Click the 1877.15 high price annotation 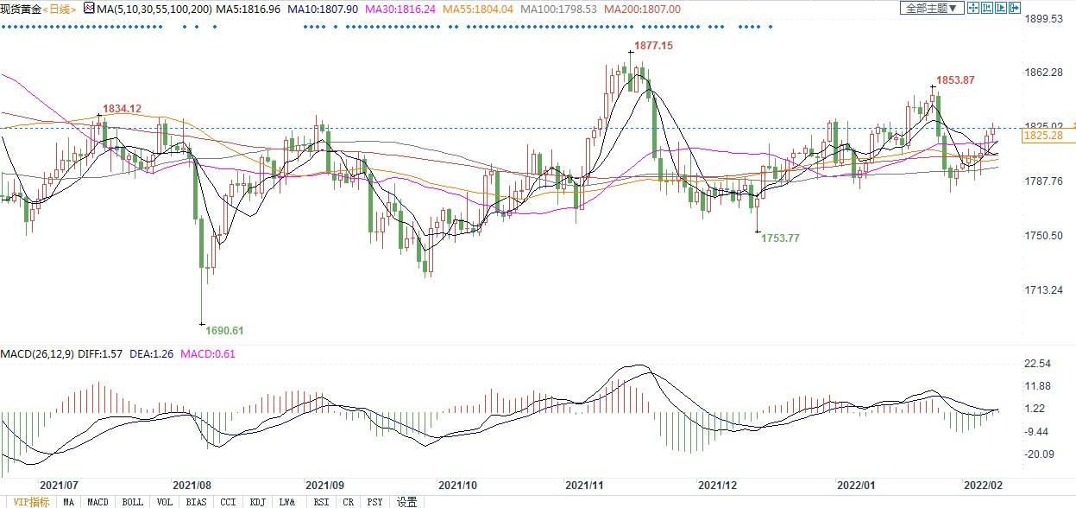(x=653, y=45)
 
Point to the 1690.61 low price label (x=224, y=330)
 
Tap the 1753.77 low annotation (x=780, y=238)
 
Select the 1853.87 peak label (x=955, y=80)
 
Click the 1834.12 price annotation (x=122, y=109)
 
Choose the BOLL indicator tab (x=132, y=502)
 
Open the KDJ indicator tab (x=257, y=502)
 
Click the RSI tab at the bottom (x=320, y=502)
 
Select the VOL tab (x=165, y=502)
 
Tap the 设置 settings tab (x=406, y=502)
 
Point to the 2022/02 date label (x=983, y=486)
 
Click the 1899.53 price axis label (x=1044, y=18)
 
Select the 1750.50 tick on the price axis (x=1044, y=236)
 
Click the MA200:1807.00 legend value (x=642, y=9)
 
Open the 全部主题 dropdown (x=930, y=8)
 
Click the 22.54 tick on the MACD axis (x=1038, y=364)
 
